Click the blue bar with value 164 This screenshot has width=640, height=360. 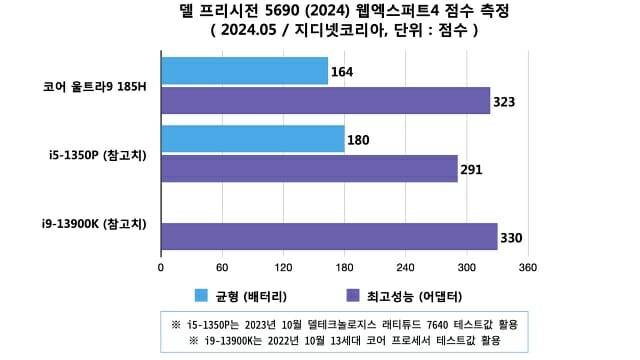244,71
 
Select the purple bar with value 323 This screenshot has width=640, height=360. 325,101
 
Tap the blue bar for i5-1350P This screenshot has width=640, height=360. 252,139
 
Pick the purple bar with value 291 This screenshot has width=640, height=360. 309,168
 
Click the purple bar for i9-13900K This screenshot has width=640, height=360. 329,236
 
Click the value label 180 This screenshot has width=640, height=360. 359,140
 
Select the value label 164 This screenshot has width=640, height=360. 343,72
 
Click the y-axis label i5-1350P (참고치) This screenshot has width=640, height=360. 96,154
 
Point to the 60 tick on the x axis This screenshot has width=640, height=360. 222,268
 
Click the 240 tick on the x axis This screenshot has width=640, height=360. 406,268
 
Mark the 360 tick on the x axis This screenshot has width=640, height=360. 528,268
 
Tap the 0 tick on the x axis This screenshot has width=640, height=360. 161,268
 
